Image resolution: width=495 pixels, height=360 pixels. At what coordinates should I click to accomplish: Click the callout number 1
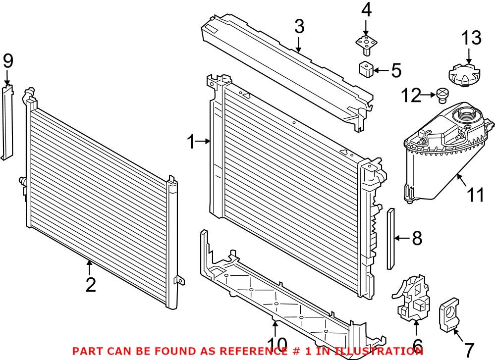(x=192, y=143)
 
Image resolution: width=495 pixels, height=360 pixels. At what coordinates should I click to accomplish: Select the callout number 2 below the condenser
(x=90, y=285)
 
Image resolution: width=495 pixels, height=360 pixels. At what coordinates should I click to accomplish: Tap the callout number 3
(x=299, y=27)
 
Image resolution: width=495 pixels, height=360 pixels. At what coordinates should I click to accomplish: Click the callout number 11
(x=476, y=195)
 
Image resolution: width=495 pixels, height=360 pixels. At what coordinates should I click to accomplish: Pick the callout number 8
(x=417, y=239)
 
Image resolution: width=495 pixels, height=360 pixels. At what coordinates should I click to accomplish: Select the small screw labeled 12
(x=442, y=95)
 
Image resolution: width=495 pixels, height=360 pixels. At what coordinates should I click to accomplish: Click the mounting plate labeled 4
(x=366, y=43)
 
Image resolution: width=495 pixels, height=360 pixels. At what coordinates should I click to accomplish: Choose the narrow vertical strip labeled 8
(x=390, y=239)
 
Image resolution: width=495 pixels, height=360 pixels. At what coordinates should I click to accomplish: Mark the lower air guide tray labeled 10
(x=277, y=297)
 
